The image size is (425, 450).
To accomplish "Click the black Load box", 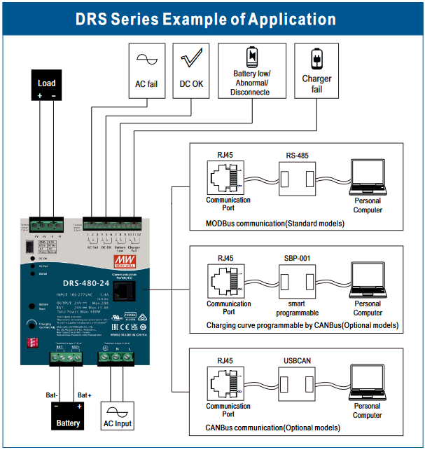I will (46, 89).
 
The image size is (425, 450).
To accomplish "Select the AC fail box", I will (146, 70).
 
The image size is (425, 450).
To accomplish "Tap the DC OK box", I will (191, 70).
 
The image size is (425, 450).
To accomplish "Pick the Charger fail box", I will (316, 70).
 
